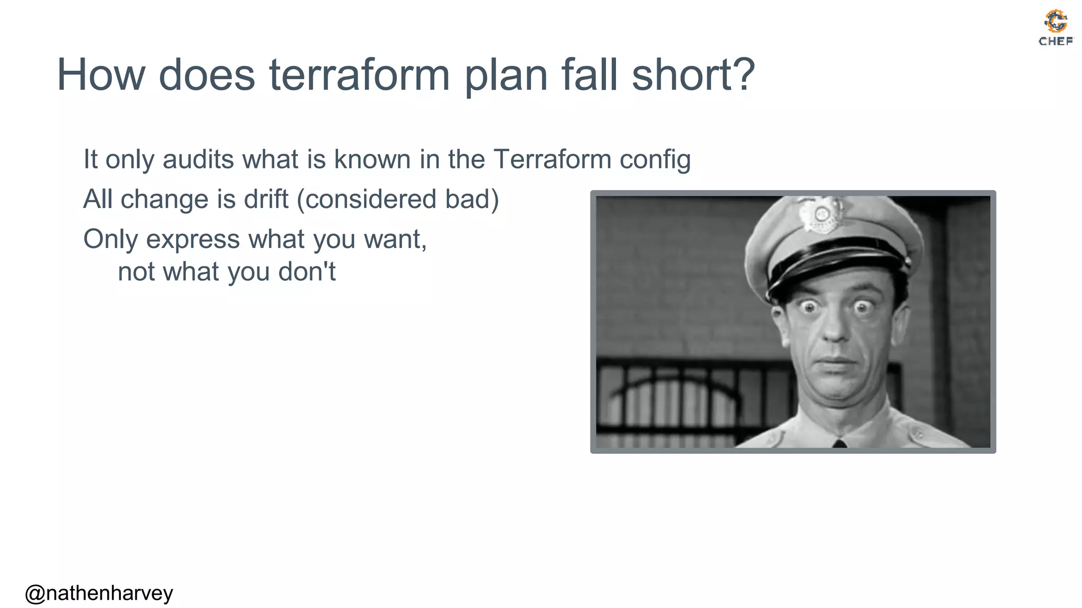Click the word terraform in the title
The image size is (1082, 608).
359,75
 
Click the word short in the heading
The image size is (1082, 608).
681,74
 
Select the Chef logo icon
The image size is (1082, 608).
1056,21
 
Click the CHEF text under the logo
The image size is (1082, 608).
1056,41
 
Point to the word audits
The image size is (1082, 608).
198,159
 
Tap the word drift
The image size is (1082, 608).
266,199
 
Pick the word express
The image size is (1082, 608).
193,240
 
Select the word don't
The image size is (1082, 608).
307,272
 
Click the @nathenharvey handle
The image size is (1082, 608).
99,593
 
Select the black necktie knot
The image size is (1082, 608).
840,444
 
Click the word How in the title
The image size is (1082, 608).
100,75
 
